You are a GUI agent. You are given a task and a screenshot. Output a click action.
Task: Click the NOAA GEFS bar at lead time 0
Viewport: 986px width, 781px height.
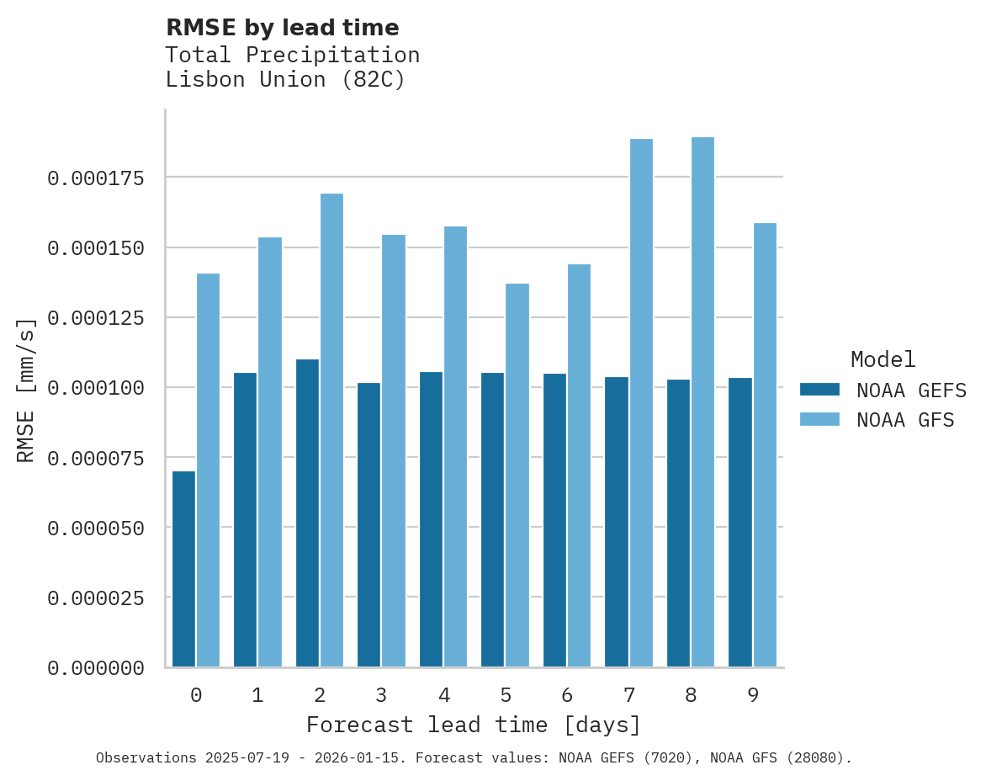click(183, 569)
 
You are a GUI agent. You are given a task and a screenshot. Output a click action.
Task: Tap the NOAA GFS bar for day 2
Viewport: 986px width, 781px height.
click(331, 430)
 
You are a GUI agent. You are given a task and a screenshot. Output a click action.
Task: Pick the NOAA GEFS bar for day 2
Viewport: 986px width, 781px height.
click(307, 513)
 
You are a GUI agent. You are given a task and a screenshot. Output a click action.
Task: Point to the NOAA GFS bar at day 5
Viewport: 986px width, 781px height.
click(517, 476)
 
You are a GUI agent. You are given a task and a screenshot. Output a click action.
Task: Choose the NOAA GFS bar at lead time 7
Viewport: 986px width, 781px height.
click(641, 403)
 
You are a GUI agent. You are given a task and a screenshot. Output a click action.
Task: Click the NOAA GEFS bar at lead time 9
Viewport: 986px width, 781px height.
click(740, 523)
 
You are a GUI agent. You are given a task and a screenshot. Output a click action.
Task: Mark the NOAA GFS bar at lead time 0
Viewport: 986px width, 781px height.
click(208, 470)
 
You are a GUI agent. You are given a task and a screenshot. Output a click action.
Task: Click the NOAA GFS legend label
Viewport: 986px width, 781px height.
click(905, 419)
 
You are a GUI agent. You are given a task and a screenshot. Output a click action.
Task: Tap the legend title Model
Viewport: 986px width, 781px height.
click(883, 360)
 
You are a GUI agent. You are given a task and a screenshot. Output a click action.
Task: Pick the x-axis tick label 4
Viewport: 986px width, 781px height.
click(443, 695)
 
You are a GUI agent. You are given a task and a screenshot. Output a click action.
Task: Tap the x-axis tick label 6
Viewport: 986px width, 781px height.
click(567, 695)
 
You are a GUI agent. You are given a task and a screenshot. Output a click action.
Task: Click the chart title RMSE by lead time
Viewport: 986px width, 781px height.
click(282, 28)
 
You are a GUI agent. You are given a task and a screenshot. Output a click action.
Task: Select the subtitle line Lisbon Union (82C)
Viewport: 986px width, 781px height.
click(285, 80)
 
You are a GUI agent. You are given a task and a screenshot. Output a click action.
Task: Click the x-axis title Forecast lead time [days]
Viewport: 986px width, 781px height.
click(474, 725)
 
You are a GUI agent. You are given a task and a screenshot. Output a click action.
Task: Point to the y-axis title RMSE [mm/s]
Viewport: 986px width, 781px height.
click(26, 390)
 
